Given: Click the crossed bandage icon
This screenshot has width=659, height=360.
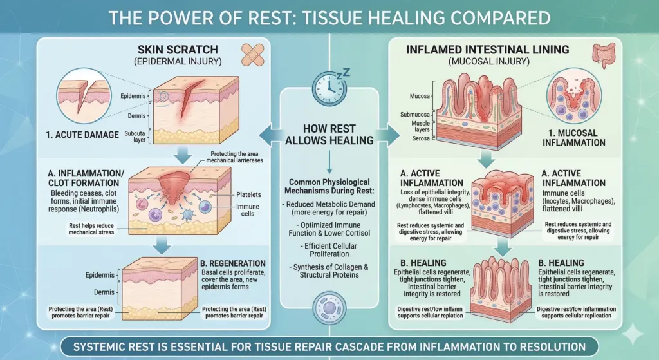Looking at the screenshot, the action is coord(253,55).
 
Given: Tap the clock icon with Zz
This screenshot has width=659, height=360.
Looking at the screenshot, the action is coord(331,88).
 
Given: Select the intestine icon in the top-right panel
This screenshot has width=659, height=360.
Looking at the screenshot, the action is coord(603,56).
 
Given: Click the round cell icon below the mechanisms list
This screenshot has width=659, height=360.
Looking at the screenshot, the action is coord(329,307).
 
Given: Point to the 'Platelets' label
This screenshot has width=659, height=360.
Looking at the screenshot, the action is coord(248,194).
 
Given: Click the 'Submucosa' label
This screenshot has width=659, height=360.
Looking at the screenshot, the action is coord(415,115).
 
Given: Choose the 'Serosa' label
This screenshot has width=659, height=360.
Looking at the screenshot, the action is coord(421,138).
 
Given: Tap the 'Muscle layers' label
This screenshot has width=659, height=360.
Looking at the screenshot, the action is coord(421,126).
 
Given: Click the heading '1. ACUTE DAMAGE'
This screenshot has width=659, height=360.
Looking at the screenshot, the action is coord(82,135).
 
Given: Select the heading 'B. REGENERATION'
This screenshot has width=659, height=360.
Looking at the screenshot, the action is coord(233,263).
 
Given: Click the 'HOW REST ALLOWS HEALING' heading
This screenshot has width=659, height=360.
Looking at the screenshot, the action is coord(329,135).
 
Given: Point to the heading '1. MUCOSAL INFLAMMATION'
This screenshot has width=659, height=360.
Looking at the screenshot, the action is coord(573,138).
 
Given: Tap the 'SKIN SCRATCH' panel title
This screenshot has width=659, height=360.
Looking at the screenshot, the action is coord(178,50).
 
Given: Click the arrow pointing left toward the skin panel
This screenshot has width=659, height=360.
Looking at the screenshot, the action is coord(270,136).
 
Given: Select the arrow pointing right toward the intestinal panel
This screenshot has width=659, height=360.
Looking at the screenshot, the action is coord(388,136).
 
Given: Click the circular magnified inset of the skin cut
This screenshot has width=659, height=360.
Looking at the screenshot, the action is coord(84,96).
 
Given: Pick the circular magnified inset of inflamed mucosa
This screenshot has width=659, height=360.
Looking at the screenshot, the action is coord(573,95).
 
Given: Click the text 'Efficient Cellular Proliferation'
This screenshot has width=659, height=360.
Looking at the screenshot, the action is coord(330,250).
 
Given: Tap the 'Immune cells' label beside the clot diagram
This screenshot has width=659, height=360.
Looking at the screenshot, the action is coord(248,211).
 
